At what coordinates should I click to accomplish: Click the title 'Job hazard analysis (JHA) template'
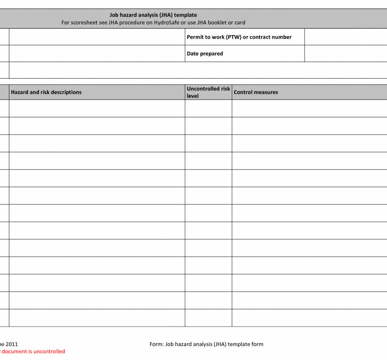tap(153, 15)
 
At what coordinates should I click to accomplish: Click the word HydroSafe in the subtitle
tap(166, 23)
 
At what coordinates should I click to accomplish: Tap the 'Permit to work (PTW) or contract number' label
tap(239, 37)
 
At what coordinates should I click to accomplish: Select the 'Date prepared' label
tap(205, 54)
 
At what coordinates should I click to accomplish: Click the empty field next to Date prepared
tap(345, 54)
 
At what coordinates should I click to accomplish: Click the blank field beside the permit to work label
tap(345, 37)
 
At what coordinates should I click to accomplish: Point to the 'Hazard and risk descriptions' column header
tap(46, 92)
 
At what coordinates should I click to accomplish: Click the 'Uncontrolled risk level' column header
tap(208, 92)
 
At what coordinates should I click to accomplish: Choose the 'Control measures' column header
tap(256, 92)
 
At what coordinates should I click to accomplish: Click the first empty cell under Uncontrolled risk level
tap(208, 108)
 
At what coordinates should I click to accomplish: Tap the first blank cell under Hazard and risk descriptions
tap(97, 108)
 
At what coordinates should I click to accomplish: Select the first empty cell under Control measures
tap(309, 108)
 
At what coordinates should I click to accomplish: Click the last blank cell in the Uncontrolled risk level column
tap(208, 318)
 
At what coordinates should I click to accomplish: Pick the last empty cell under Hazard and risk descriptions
tap(97, 318)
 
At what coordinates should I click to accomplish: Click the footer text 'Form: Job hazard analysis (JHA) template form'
tap(206, 344)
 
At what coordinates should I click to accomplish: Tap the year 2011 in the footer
tap(12, 344)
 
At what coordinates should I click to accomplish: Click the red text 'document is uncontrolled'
tap(33, 352)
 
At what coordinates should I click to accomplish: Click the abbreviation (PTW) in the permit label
tap(233, 37)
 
